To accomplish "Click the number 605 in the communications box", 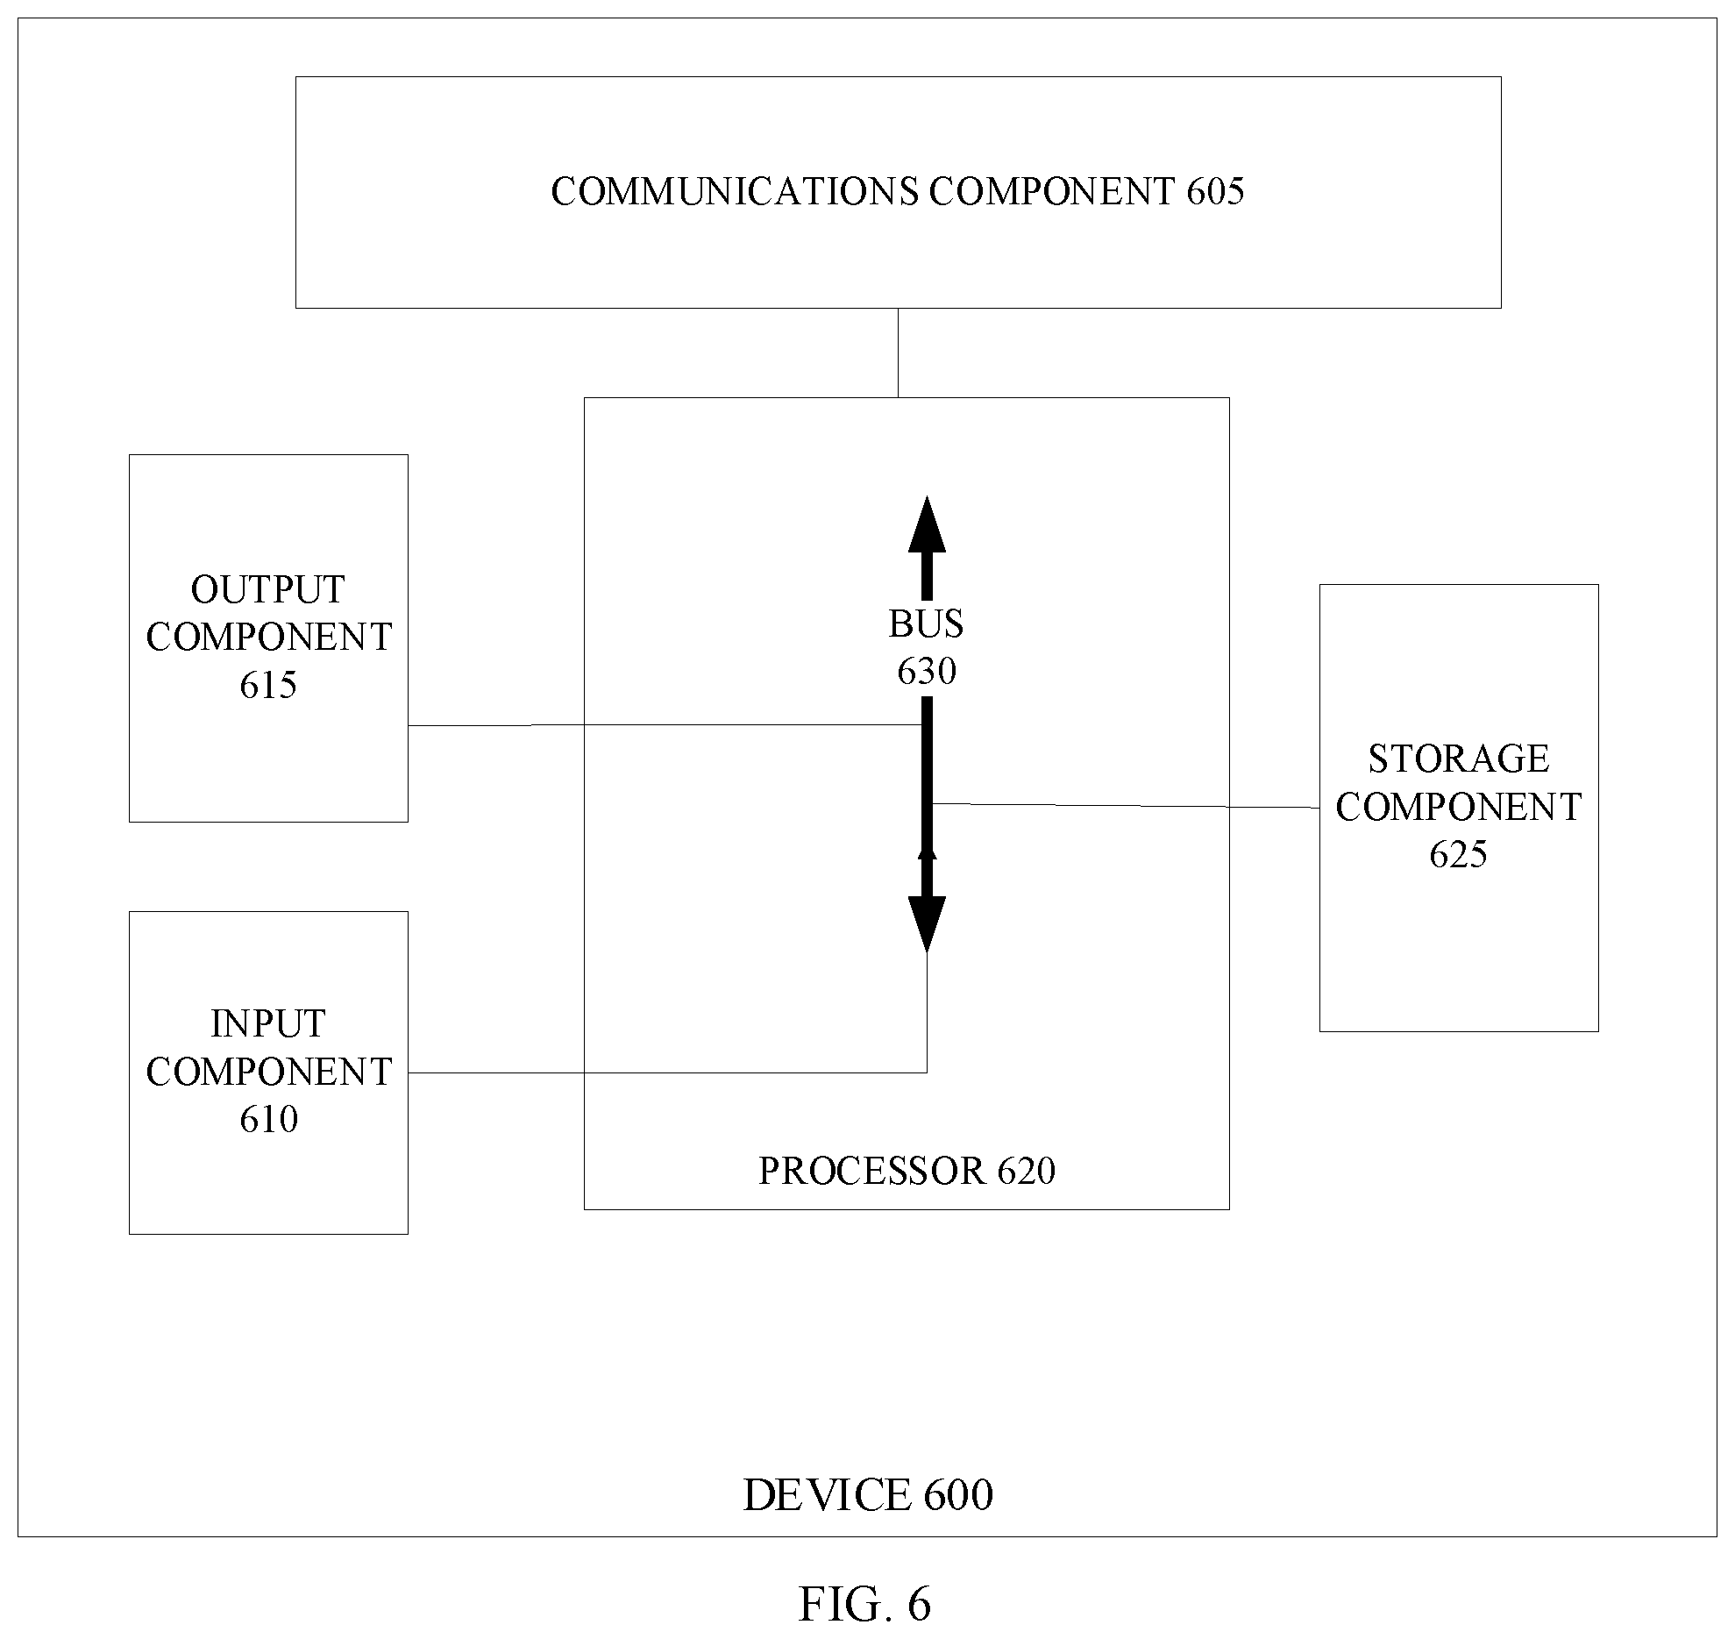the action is pos(1215,192).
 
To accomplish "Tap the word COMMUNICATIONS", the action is pos(735,192).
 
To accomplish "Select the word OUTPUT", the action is pos(268,590).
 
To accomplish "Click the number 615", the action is pos(268,685).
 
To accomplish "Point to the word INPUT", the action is pos(268,1024).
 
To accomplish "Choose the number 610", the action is pos(268,1119).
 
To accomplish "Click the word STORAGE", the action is pos(1459,759).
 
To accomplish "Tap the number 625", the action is pos(1459,854).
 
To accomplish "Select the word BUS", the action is pos(927,624).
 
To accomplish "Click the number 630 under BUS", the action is pos(927,672).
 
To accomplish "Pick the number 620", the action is pos(1027,1172).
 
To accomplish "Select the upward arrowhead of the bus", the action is pos(927,524).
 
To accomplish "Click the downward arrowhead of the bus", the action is pos(927,924).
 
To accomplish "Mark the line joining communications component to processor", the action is pos(898,353).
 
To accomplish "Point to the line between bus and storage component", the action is pos(1126,805).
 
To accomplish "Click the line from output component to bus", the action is pos(665,725).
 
